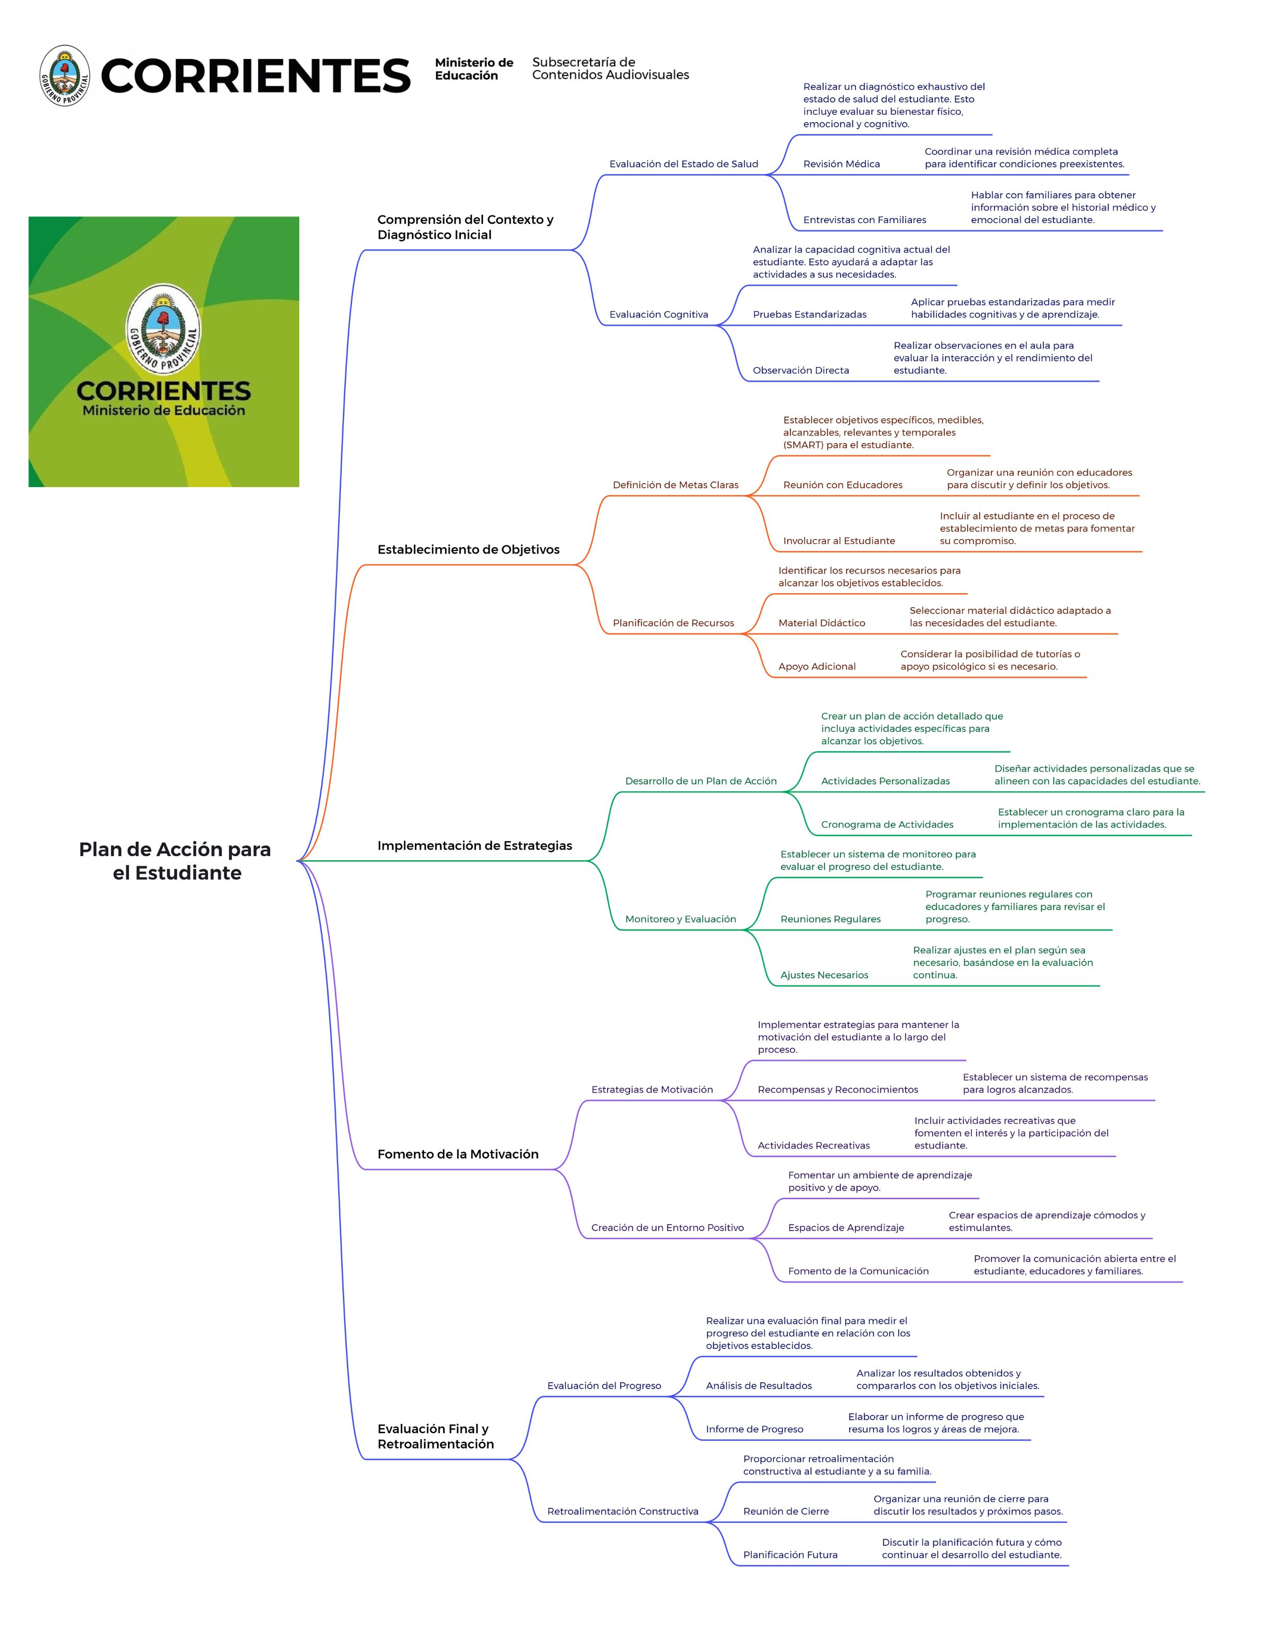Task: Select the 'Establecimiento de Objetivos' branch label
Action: (x=468, y=550)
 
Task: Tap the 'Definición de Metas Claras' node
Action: (x=676, y=485)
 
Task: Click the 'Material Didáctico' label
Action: (x=822, y=623)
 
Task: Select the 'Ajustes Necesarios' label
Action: (x=824, y=975)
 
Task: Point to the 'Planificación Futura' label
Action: (x=790, y=1554)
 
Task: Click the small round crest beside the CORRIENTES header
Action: (x=65, y=75)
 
